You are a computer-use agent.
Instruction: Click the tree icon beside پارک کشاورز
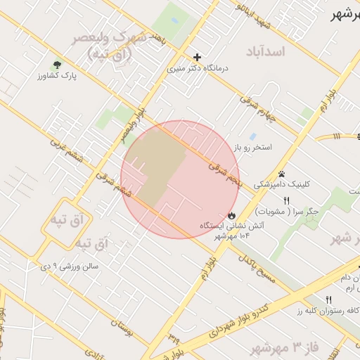coord(56,65)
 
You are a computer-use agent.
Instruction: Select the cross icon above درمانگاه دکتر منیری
coord(197,57)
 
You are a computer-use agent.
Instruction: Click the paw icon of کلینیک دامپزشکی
coord(282,174)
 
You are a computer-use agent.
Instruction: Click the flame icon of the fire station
coord(230,214)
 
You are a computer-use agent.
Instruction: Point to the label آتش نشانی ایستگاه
coord(232,226)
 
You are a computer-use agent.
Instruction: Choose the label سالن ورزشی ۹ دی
coord(70,266)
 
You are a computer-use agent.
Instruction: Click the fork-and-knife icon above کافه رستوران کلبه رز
coord(328,300)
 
